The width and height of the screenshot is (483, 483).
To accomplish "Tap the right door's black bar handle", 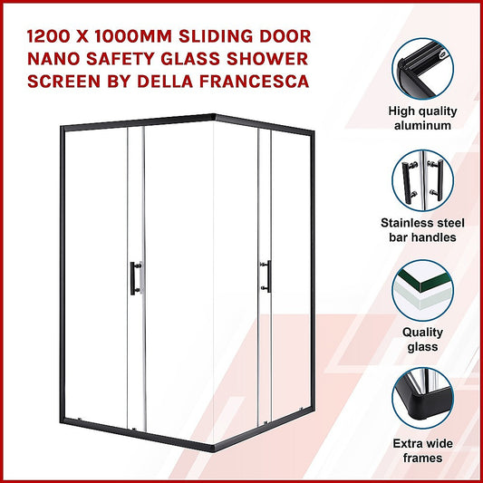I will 266,275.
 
